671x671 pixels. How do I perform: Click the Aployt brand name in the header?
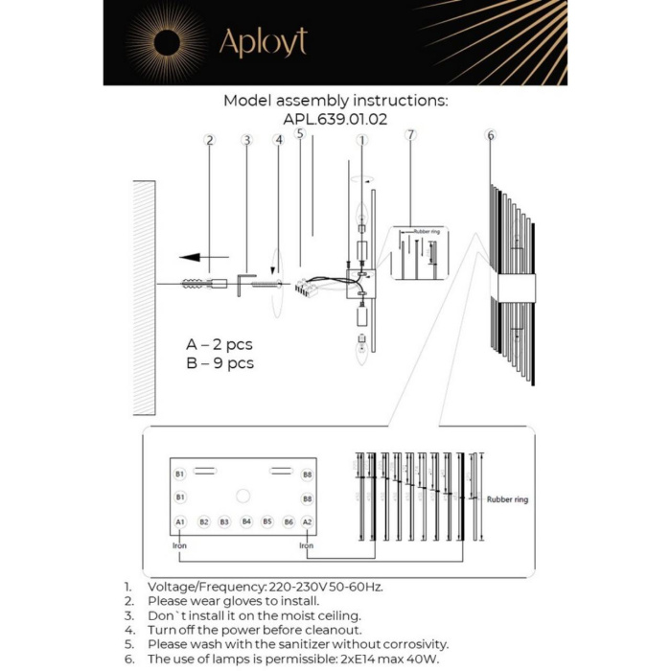[263, 42]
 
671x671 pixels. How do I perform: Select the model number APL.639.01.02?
[335, 120]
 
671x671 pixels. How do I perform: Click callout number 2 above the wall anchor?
[209, 140]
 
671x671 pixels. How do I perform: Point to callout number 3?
[246, 140]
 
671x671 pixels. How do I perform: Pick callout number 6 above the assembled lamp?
[491, 135]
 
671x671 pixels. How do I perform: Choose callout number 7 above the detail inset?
[411, 134]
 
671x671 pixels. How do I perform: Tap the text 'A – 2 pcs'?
[220, 344]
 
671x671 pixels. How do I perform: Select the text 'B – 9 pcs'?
[220, 363]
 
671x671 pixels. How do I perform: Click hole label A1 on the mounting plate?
[180, 521]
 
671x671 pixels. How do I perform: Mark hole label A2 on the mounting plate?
[307, 521]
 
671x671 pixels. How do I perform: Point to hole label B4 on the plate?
[246, 521]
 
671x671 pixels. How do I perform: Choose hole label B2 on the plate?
[204, 521]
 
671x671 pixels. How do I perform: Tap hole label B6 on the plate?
[288, 521]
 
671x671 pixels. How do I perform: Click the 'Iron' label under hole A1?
[179, 545]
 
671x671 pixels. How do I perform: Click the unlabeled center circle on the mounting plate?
[243, 496]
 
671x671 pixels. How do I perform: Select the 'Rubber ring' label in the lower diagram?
[507, 499]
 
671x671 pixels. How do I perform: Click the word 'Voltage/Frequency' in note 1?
[201, 586]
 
